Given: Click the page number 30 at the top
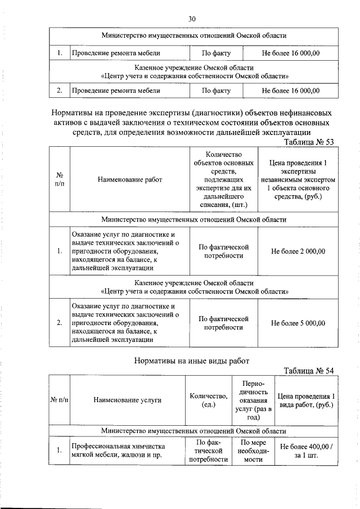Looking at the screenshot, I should [192, 19].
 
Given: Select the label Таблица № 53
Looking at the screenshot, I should [309, 142].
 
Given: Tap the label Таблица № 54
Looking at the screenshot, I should [309, 370].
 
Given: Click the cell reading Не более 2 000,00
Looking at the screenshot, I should [298, 251].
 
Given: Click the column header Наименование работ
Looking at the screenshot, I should [129, 179].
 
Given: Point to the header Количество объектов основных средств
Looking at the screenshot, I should [223, 179].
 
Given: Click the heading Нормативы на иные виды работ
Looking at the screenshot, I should [191, 361].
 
